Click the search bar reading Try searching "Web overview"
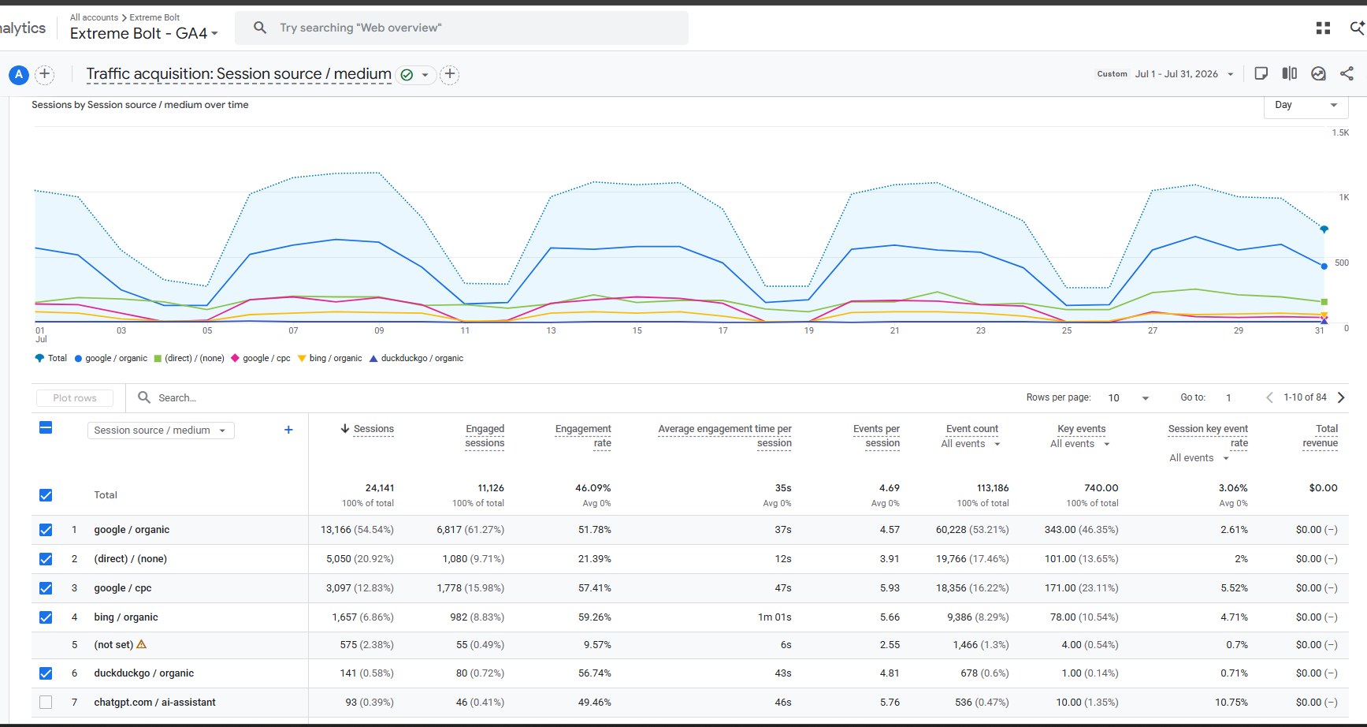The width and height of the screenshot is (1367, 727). (461, 28)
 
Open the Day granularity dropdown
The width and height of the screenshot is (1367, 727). (1306, 105)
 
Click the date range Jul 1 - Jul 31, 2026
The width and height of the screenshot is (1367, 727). (1176, 74)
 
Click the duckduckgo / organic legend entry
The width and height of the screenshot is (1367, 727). (416, 358)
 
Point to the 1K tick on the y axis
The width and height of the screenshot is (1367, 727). (1344, 197)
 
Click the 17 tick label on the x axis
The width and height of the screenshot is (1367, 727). (723, 330)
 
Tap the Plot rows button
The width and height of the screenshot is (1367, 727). (75, 398)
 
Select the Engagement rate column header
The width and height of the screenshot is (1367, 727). (583, 436)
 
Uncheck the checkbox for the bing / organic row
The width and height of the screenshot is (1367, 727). (46, 617)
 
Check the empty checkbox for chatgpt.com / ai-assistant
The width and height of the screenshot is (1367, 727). (46, 703)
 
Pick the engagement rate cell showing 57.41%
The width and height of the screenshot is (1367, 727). (595, 588)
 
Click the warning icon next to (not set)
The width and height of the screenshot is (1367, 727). (142, 644)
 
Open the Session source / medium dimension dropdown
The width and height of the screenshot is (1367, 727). (161, 431)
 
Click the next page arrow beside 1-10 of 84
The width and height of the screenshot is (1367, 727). (1341, 397)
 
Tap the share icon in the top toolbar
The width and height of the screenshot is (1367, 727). (1347, 73)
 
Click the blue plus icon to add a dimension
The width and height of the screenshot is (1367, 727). (288, 430)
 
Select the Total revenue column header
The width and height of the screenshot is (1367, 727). (1321, 436)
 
